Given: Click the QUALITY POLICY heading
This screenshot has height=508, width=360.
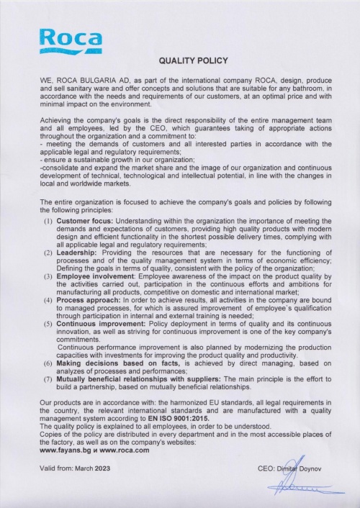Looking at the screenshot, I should click(193, 61).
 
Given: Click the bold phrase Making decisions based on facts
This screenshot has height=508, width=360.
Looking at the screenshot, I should click(116, 365).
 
